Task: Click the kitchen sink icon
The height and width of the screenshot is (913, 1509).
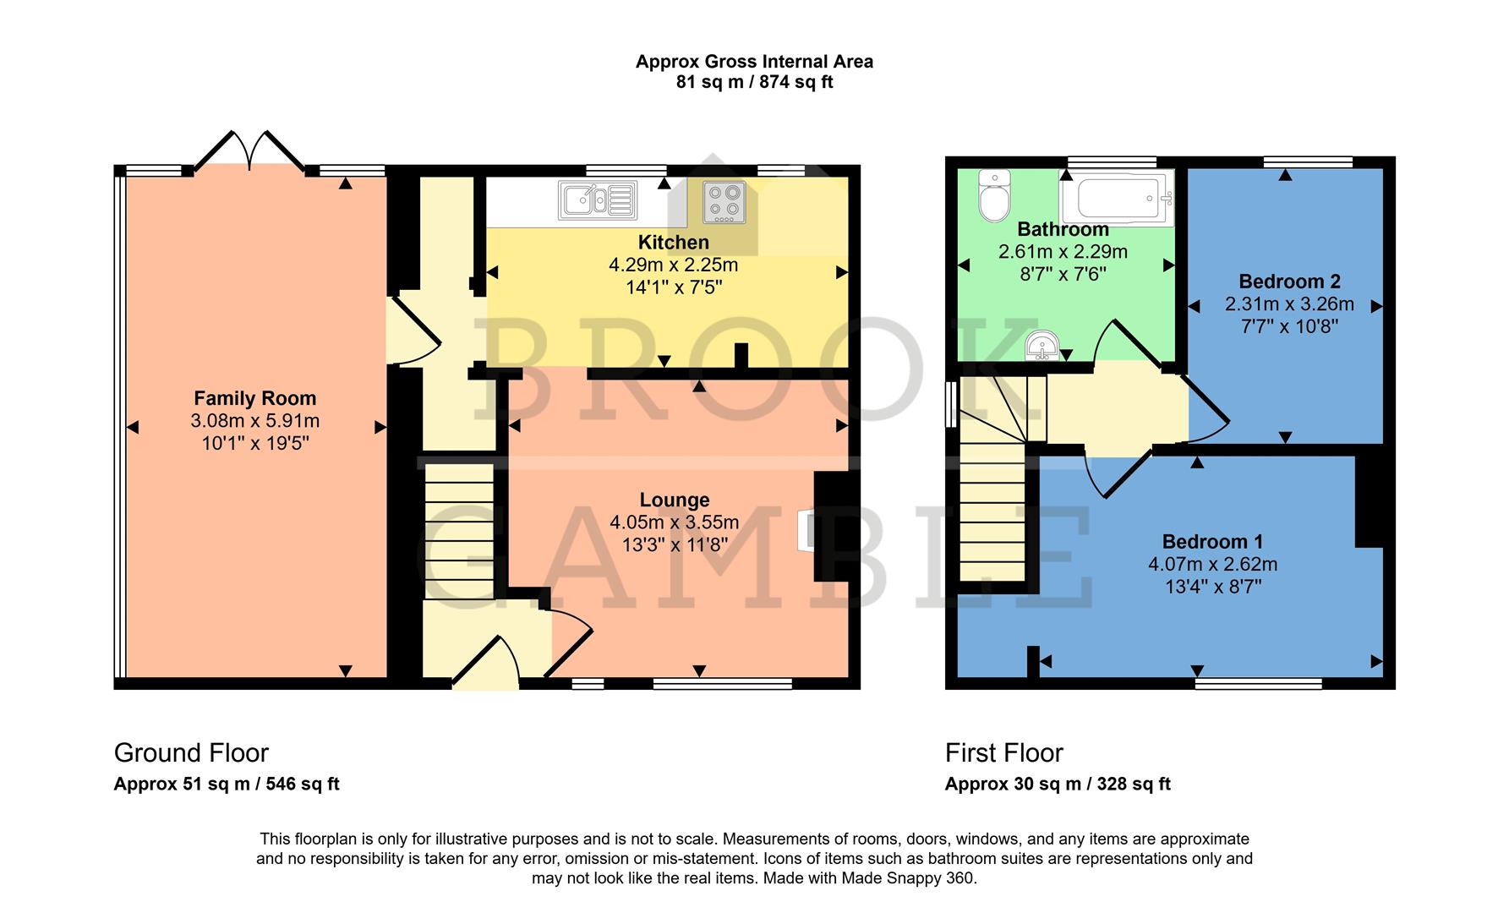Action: (597, 201)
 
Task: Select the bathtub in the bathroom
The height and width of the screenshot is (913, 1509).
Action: (1118, 198)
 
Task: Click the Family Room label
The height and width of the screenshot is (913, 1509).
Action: (254, 398)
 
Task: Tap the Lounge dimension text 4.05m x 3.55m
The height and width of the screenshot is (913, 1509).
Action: (674, 522)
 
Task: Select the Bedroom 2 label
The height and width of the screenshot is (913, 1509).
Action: (1289, 282)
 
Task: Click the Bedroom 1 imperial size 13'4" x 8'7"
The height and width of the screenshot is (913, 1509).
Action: (1212, 587)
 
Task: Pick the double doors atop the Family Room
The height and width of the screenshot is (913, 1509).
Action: (249, 152)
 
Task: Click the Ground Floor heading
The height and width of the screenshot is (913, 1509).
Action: (191, 752)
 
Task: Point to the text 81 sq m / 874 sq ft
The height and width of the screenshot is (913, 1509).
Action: (754, 83)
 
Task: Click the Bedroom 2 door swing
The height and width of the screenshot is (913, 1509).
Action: (1207, 411)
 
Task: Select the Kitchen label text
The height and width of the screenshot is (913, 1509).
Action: (673, 243)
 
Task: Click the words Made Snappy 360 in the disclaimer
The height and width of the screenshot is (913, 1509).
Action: (908, 878)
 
